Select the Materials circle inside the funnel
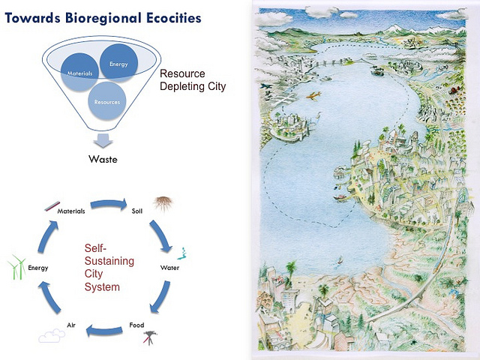pyautogui.click(x=79, y=73)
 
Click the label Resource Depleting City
pyautogui.click(x=193, y=80)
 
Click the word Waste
pyautogui.click(x=103, y=159)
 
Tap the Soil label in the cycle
pyautogui.click(x=137, y=211)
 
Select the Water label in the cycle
pyautogui.click(x=169, y=267)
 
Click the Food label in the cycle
pyautogui.click(x=136, y=325)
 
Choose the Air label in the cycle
pyautogui.click(x=70, y=325)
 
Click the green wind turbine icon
pyautogui.click(x=16, y=267)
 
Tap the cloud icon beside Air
pyautogui.click(x=51, y=335)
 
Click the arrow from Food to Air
pyautogui.click(x=103, y=328)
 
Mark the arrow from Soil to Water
pyautogui.click(x=160, y=232)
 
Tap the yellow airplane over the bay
pyautogui.click(x=314, y=94)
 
